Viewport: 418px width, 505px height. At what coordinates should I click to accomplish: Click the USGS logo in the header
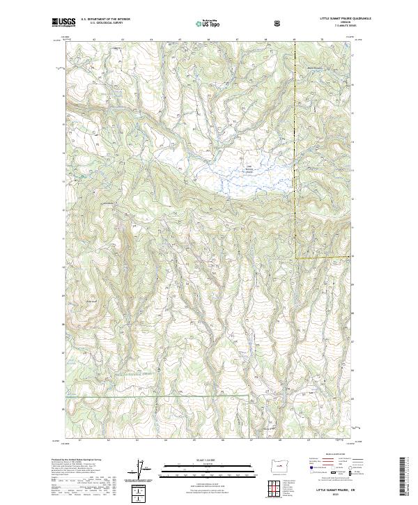coord(63,22)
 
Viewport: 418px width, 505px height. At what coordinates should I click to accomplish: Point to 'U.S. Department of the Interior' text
coord(105,19)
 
